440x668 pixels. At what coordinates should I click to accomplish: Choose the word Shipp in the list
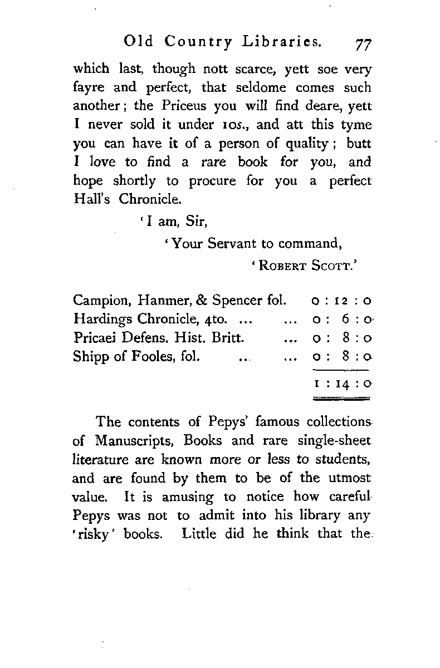pyautogui.click(x=88, y=356)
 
